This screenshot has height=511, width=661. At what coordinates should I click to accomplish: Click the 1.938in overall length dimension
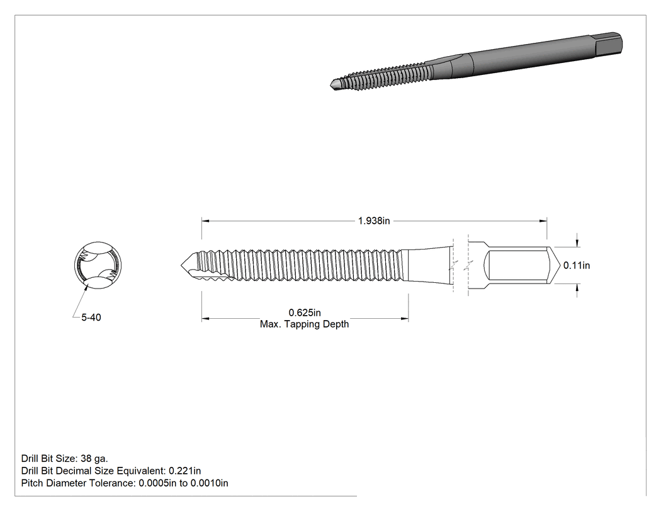coord(374,221)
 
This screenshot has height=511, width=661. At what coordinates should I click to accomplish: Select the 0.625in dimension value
coord(304,313)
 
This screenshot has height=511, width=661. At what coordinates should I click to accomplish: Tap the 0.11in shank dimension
coord(577,265)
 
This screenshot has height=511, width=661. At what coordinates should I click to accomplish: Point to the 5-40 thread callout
coord(91,318)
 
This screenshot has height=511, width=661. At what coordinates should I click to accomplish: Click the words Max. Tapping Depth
coord(304,324)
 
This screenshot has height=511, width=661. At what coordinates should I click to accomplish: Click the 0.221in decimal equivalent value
coord(184,471)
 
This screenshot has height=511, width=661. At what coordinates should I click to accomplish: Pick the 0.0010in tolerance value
coord(209,483)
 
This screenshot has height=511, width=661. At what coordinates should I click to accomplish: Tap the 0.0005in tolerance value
coord(157,483)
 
